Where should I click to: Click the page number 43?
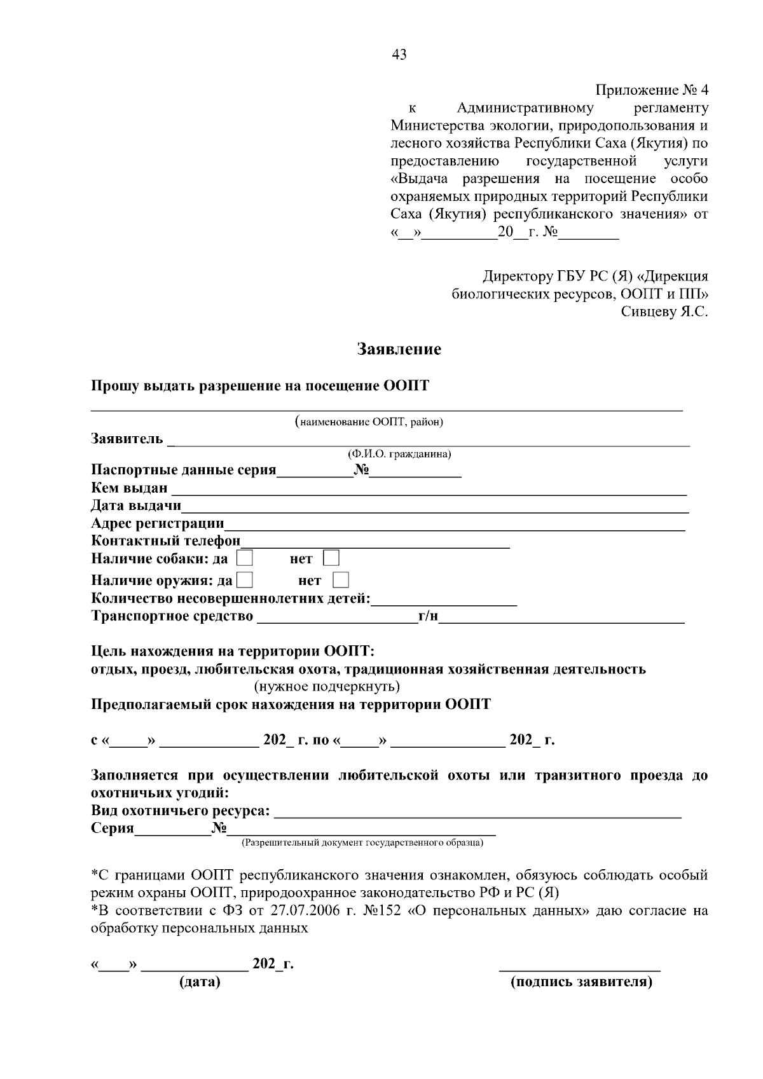399,55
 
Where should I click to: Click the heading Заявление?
399,349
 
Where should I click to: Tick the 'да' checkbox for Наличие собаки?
245,558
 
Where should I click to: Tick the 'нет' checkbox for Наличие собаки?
331,558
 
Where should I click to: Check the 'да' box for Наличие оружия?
245,580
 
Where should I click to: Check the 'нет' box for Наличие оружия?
341,580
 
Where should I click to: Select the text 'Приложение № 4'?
651,90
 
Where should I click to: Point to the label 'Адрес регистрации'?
158,523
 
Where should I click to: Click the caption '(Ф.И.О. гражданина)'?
399,454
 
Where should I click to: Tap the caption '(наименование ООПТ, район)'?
369,422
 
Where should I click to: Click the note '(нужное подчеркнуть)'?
327,687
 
